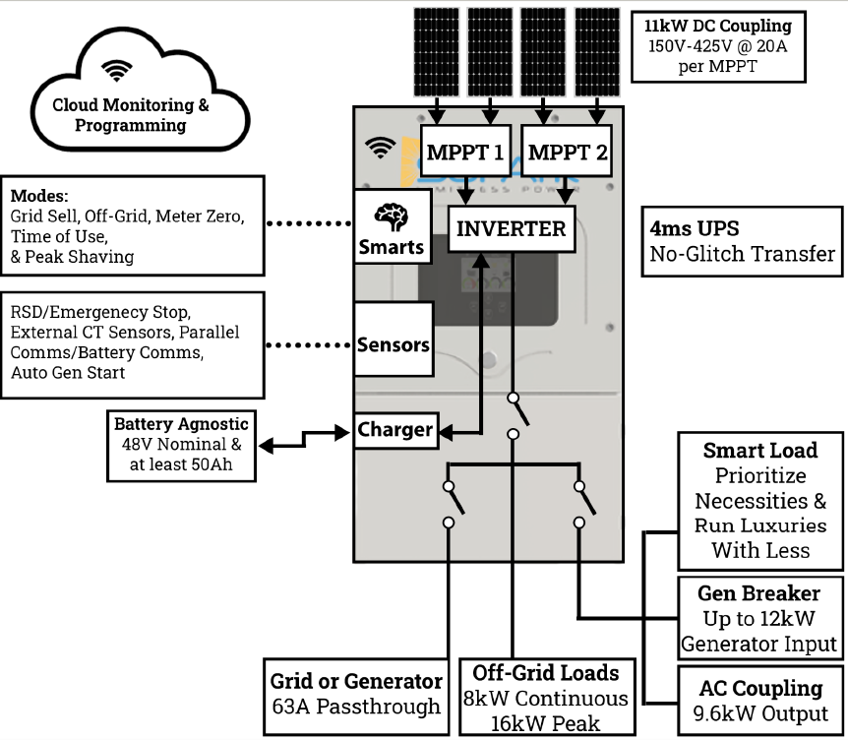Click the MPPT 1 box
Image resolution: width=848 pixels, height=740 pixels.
point(465,153)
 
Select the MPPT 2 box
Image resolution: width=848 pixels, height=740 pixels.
point(567,153)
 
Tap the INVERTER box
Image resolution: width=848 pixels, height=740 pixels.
point(512,229)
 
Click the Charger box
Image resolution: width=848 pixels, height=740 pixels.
point(394,430)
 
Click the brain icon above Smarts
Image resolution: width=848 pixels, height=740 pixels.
point(393,217)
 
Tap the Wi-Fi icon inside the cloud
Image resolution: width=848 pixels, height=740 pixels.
point(117,70)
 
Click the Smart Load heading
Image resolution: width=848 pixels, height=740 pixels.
point(759,451)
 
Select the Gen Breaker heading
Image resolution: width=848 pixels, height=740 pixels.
point(758,593)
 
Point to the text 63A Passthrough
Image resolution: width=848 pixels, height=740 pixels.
point(356,706)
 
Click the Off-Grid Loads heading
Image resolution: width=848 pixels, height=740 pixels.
point(546,673)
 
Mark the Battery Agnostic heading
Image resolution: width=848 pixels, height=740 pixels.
point(182,424)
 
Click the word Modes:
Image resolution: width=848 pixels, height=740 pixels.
point(38,195)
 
